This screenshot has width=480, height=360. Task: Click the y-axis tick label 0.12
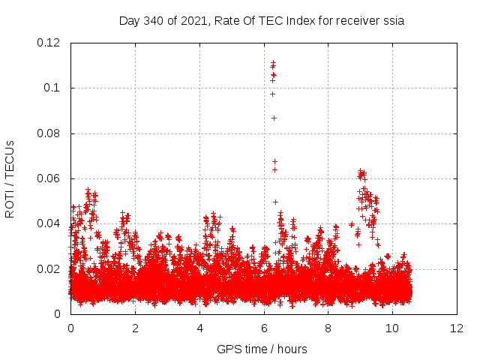click(x=49, y=43)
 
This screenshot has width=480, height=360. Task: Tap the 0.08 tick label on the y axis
click(x=49, y=133)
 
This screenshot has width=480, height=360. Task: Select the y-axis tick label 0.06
click(x=49, y=178)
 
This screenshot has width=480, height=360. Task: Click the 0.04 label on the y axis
click(x=49, y=223)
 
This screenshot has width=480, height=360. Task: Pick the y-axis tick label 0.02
click(x=49, y=269)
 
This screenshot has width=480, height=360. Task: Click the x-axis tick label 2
click(x=135, y=328)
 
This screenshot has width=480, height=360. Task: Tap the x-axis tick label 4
click(x=199, y=328)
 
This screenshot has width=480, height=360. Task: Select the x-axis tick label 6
click(x=264, y=328)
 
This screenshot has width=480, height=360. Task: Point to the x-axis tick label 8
click(x=328, y=328)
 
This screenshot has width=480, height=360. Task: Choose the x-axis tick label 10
click(x=393, y=328)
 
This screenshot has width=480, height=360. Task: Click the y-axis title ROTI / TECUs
click(x=10, y=178)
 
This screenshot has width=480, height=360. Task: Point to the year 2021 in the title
click(x=191, y=21)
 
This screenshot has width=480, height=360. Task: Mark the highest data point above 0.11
click(x=274, y=62)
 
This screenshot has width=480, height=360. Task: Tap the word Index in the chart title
click(x=298, y=21)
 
